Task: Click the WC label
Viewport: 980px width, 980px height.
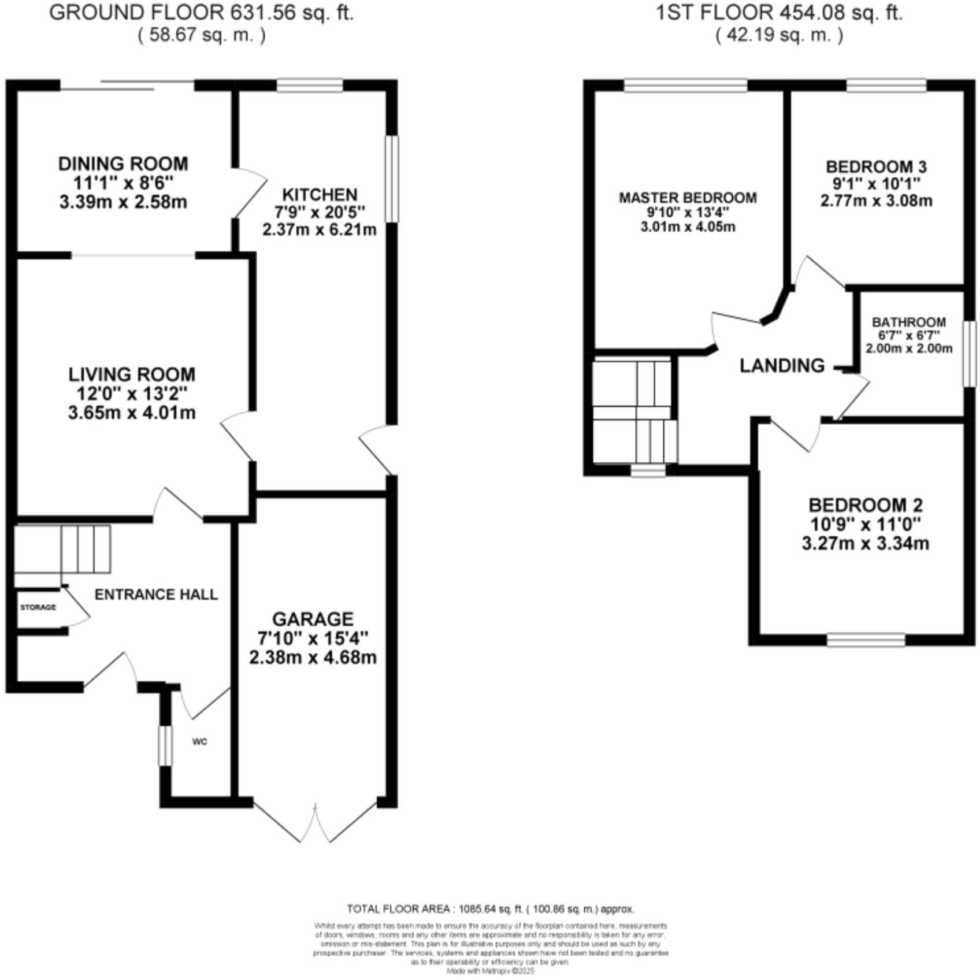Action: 199,741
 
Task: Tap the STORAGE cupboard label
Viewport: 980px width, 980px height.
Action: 38,607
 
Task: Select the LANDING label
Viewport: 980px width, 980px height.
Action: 782,365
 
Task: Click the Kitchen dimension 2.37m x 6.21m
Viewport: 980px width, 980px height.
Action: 319,230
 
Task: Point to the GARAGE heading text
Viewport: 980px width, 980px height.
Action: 313,619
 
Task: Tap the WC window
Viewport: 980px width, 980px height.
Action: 165,745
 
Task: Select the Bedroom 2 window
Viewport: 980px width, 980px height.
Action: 866,640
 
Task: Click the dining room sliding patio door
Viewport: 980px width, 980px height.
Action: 127,86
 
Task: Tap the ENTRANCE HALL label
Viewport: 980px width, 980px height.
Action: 156,595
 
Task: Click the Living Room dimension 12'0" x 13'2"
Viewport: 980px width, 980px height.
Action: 132,394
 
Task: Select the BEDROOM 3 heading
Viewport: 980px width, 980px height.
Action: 876,167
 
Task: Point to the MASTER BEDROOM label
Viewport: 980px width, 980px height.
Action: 688,198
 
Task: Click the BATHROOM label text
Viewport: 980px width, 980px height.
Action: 909,322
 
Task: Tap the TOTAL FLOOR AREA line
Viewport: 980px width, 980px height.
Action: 490,909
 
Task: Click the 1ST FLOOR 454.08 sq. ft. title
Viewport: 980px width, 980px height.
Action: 779,13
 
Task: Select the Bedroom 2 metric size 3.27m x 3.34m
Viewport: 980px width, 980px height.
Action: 865,544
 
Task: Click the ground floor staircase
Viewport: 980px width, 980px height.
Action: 62,549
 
